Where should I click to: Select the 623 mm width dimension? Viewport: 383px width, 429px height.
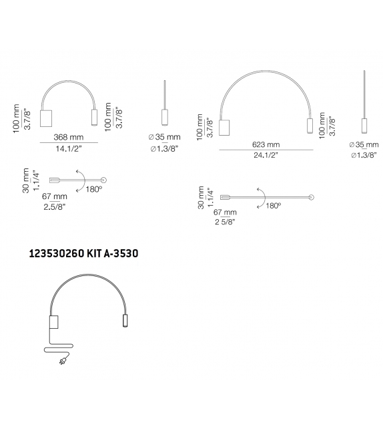[x=266, y=144]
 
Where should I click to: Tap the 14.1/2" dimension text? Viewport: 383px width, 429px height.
[x=70, y=148]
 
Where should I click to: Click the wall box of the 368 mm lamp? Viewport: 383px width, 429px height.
[x=47, y=117]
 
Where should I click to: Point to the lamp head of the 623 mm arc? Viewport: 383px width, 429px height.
[x=309, y=126]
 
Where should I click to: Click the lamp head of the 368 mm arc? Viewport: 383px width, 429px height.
[x=93, y=116]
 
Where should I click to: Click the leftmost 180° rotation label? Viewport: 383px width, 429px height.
[x=93, y=190]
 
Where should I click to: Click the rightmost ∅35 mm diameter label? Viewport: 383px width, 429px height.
[x=364, y=144]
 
